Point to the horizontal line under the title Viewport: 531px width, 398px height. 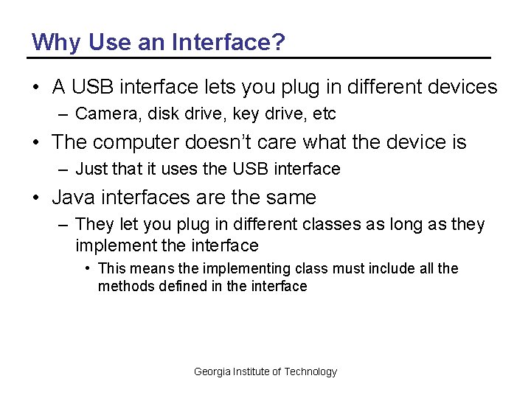258,57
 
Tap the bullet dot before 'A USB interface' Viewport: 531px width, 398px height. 35,87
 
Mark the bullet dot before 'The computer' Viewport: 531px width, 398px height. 35,142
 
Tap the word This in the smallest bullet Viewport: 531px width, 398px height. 113,268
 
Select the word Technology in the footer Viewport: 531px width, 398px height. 310,371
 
